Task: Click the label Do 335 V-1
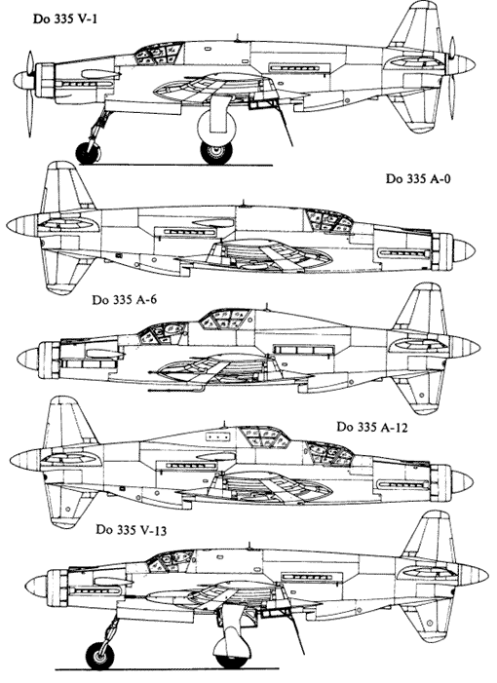[x=65, y=19]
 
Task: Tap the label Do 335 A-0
[x=418, y=179]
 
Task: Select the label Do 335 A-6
[x=124, y=300]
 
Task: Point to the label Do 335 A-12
[x=372, y=428]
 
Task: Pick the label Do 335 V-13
[x=132, y=530]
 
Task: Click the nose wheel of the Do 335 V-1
[x=89, y=152]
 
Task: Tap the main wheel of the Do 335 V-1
[x=216, y=152]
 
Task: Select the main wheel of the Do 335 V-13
[x=232, y=659]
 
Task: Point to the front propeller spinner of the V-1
[x=21, y=80]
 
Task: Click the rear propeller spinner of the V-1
[x=464, y=63]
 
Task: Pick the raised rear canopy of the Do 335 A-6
[x=225, y=319]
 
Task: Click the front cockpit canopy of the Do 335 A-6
[x=163, y=333]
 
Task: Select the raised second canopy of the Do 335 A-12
[x=265, y=436]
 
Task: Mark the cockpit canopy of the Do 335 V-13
[x=170, y=560]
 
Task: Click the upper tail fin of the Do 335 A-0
[x=65, y=187]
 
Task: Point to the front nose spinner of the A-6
[x=27, y=360]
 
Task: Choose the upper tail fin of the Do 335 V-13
[x=429, y=537]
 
